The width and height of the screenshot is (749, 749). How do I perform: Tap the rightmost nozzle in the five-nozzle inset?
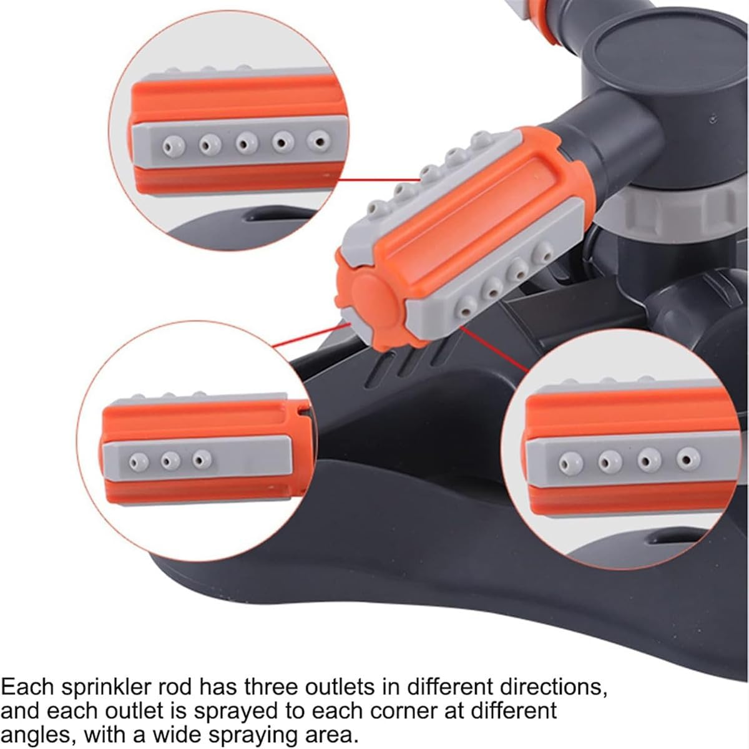(x=319, y=142)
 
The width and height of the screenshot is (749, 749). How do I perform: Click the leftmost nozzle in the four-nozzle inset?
(x=570, y=464)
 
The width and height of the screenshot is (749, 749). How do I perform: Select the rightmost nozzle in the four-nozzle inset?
(x=688, y=459)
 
